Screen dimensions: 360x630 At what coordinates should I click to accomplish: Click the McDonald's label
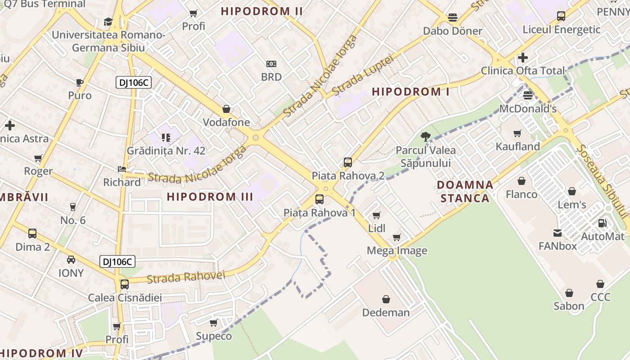click(528, 109)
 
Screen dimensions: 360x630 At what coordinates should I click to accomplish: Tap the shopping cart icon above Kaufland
click(517, 133)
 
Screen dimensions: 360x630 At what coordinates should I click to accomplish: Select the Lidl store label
click(377, 228)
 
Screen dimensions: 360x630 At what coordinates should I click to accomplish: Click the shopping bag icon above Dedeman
click(386, 299)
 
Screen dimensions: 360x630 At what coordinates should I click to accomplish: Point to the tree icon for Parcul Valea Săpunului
click(425, 137)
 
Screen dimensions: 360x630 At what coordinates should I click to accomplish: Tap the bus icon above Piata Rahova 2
click(347, 162)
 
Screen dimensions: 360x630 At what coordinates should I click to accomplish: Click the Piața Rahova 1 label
click(319, 212)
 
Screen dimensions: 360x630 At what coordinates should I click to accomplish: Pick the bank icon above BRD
click(271, 64)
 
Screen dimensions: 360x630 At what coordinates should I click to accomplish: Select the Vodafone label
click(226, 122)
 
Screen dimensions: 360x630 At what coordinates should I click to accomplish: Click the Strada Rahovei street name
click(185, 277)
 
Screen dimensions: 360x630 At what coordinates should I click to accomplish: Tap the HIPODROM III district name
click(210, 197)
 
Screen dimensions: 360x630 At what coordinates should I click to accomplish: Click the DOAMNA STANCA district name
click(465, 192)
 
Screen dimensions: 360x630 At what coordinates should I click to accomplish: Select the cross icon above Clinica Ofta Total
click(522, 58)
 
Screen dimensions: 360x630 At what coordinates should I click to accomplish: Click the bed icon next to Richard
click(122, 169)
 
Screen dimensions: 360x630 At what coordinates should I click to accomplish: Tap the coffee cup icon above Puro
click(80, 82)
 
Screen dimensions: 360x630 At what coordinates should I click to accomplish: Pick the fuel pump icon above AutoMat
click(602, 223)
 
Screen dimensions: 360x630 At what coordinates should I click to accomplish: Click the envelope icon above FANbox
click(558, 233)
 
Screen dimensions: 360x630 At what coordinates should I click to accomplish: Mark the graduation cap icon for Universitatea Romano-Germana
click(108, 22)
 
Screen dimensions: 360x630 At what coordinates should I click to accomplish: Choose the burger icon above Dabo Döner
click(453, 18)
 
